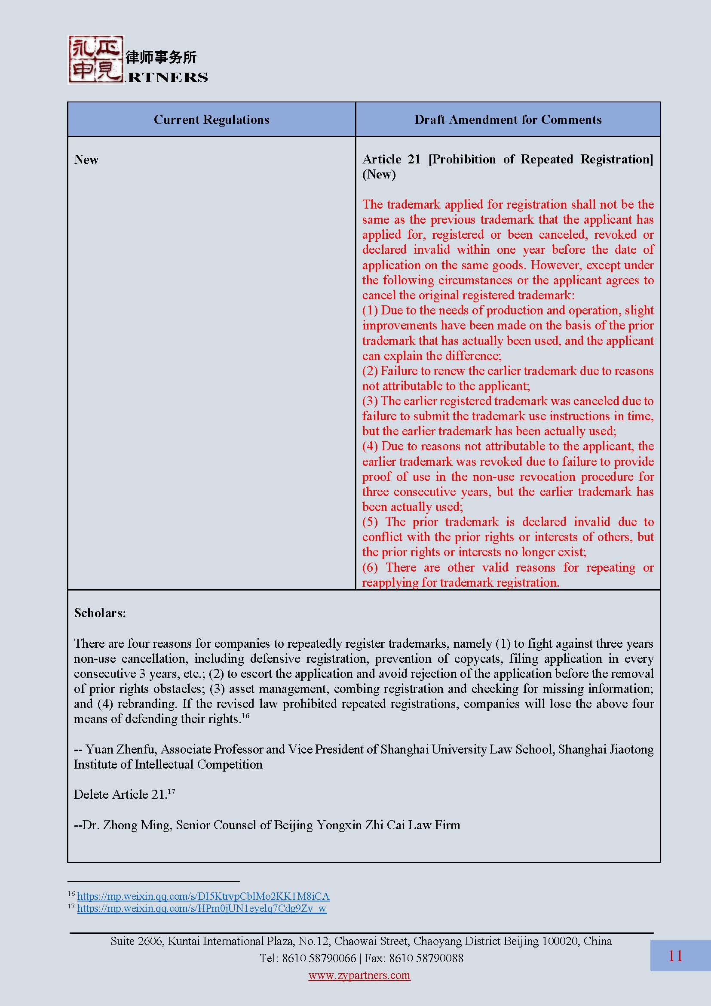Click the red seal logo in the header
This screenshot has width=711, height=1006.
tap(95, 60)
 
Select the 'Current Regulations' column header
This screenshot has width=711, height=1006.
tap(211, 120)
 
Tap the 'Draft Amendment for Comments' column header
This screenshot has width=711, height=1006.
tap(507, 120)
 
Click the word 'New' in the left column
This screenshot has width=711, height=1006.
tap(86, 160)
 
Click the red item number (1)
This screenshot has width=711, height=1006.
tap(370, 310)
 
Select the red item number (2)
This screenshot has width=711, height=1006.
tap(370, 371)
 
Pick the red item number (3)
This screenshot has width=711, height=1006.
tap(370, 401)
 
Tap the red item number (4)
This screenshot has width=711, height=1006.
tap(370, 446)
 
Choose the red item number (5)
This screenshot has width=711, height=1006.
tap(370, 522)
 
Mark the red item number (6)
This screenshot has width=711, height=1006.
tap(370, 567)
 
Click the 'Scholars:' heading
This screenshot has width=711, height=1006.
tap(100, 613)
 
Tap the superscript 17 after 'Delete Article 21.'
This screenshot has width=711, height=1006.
tap(171, 791)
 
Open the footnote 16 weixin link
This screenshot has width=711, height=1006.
tap(203, 896)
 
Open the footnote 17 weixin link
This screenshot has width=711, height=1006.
tap(201, 908)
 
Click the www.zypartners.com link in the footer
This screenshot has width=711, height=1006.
tap(359, 975)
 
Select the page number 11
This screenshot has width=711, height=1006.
tap(675, 956)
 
